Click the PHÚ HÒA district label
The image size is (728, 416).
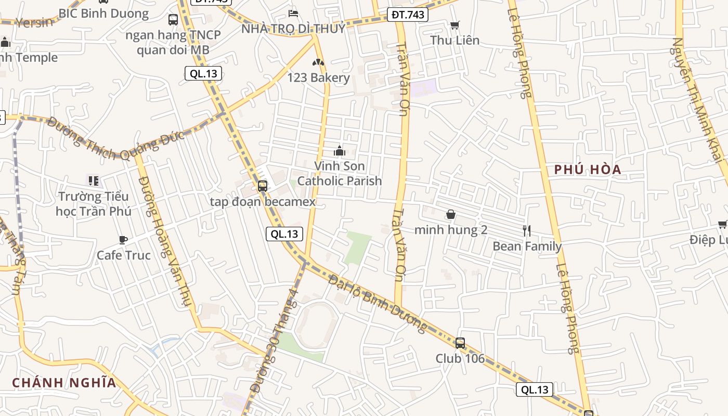point(588,170)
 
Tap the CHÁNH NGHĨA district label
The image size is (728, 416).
point(64,383)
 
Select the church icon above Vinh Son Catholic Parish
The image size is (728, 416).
point(340,151)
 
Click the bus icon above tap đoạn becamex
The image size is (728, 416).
point(263,186)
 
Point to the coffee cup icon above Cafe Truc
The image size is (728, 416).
point(123,240)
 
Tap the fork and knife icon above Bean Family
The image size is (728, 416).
point(527,230)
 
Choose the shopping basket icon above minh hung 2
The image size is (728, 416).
point(450,214)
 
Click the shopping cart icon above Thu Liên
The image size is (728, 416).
point(454,25)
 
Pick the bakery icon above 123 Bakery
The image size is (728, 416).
point(318,62)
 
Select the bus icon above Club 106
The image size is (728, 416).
point(460,343)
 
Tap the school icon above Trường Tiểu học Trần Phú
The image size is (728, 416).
point(94,180)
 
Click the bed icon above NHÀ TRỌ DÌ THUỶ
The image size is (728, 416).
point(293,13)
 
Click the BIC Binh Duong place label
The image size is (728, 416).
point(103,14)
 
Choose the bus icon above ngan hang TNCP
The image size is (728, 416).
point(173,20)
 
